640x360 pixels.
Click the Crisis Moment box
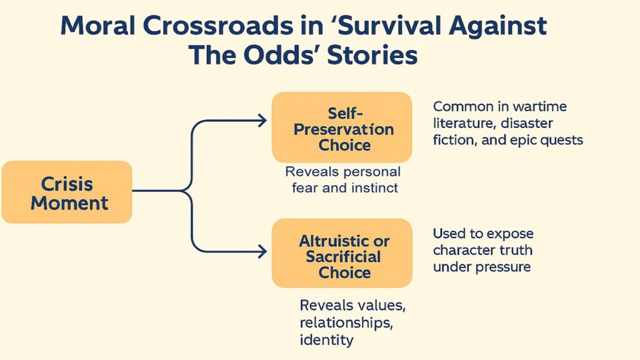click(x=67, y=192)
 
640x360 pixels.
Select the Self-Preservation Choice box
click(x=342, y=127)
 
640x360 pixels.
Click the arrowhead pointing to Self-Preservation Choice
click(x=262, y=121)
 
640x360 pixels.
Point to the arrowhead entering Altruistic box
click(x=262, y=252)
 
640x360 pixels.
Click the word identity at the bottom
click(x=327, y=341)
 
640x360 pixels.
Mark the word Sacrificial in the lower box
click(x=343, y=257)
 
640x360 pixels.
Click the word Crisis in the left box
click(x=67, y=184)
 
